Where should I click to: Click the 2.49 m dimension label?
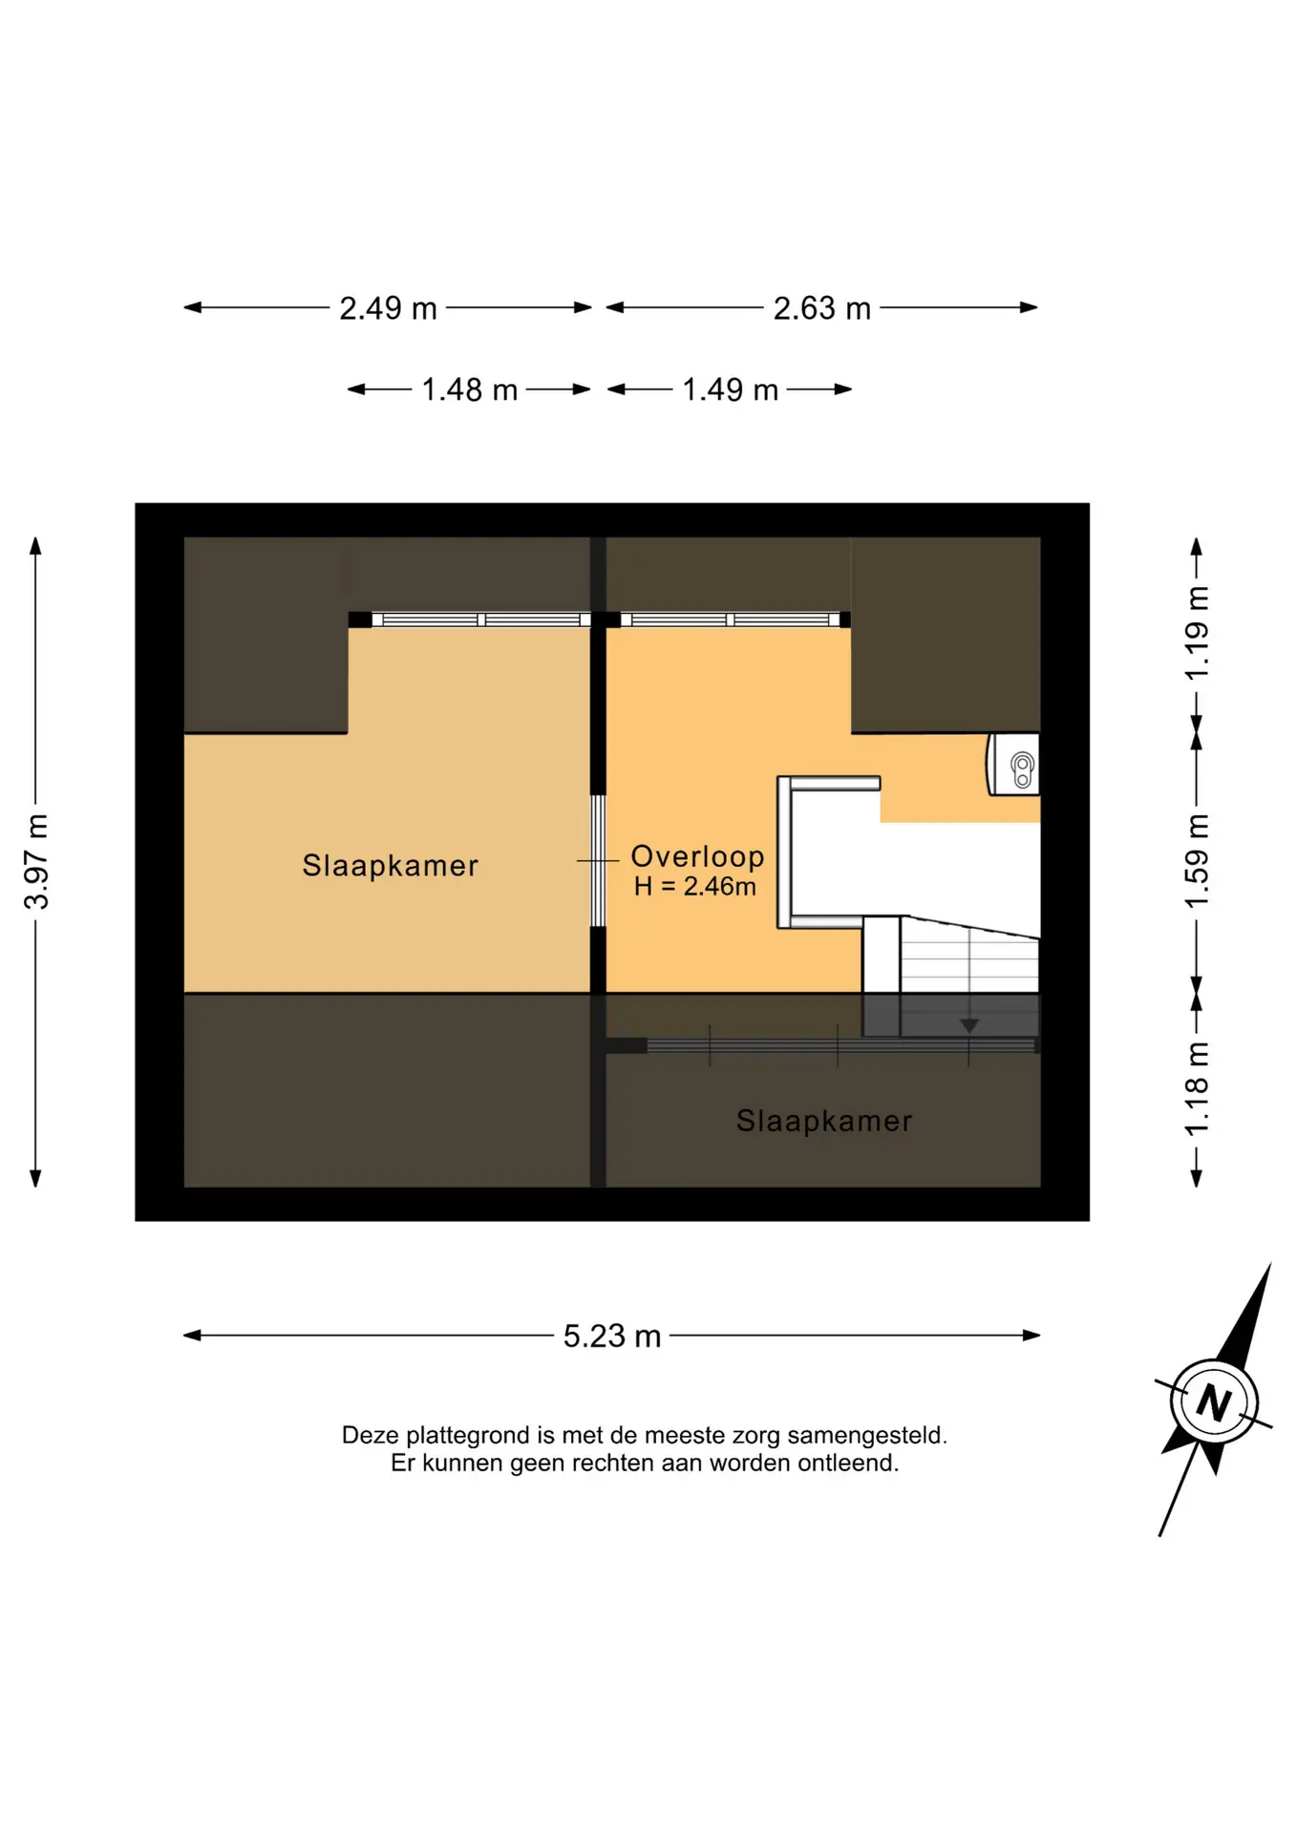[388, 308]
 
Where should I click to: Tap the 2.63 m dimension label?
[821, 308]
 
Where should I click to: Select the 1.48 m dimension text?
[469, 390]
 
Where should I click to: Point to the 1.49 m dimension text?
[730, 390]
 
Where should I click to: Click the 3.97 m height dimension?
[36, 861]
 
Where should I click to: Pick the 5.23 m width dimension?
[611, 1336]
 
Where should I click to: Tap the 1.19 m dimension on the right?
[1197, 633]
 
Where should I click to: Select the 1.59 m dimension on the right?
[1197, 861]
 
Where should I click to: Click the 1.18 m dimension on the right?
[1197, 1088]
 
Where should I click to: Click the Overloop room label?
[697, 856]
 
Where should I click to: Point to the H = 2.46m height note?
[694, 886]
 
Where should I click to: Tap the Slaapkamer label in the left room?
[390, 865]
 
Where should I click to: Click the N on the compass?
[1214, 1402]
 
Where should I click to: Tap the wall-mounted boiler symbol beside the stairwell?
[1013, 764]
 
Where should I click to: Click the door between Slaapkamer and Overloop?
[598, 861]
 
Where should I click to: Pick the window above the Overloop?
[730, 620]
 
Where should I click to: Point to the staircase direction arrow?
[969, 1025]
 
